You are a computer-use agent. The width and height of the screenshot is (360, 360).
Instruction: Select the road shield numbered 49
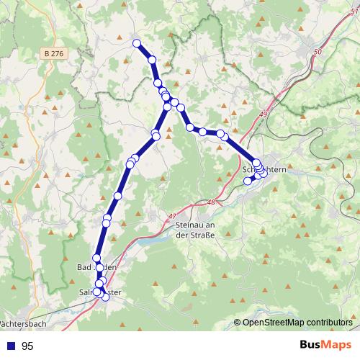point(264,115)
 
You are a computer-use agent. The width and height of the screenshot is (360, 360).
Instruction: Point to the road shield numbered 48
point(210,203)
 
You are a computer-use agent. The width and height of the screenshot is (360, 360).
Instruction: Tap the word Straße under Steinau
point(201,235)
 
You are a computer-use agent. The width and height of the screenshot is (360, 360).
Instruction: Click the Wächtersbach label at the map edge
point(19,324)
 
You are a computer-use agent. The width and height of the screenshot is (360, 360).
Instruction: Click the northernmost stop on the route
point(136,43)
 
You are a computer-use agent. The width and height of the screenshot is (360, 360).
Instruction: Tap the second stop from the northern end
point(152,60)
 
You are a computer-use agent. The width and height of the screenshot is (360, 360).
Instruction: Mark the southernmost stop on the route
point(106,297)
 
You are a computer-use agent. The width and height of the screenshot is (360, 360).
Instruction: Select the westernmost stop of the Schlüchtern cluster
point(248,181)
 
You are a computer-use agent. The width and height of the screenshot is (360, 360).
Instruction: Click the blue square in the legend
point(10,346)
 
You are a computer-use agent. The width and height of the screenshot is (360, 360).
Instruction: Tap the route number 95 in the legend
point(27,346)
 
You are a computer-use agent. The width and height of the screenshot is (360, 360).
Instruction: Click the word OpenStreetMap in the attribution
point(273,323)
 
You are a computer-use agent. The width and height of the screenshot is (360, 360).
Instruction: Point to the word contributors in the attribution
point(328,323)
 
